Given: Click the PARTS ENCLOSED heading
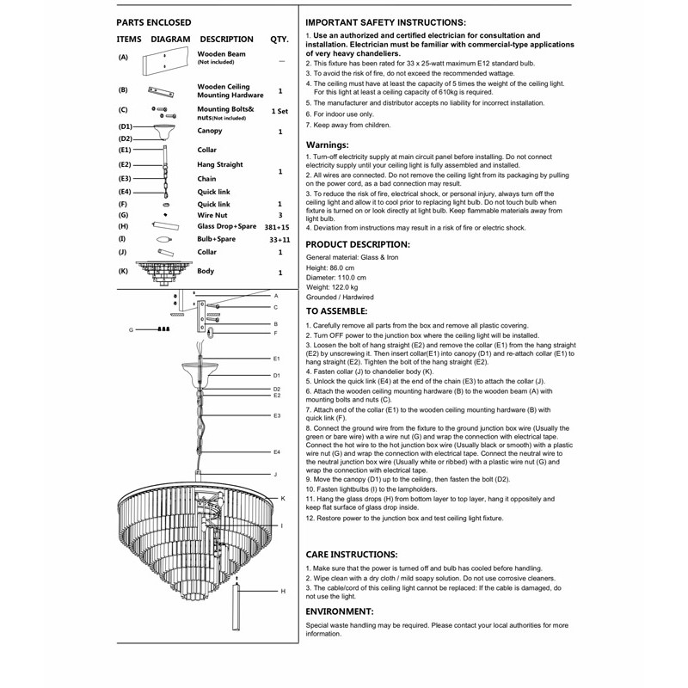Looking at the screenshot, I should point(154,21).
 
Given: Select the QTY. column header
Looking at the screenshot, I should point(279,39).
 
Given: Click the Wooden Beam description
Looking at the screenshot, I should point(221,54).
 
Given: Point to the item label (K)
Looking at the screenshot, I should point(124,272).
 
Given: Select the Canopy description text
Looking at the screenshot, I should point(210,132).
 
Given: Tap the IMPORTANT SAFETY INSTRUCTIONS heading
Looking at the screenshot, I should point(386,21).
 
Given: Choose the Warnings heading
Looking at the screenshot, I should point(328,145).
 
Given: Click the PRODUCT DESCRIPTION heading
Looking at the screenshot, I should point(358,245).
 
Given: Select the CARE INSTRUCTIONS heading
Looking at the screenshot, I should point(352,555).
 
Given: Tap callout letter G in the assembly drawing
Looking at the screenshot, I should point(131,329).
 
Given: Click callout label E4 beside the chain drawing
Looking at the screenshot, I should point(276,451).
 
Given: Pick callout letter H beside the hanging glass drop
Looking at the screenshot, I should point(282,592).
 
